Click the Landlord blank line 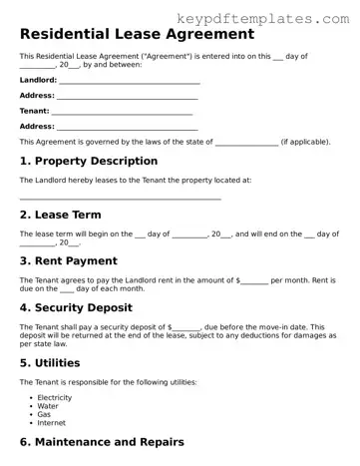[130, 82]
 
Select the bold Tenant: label [35, 111]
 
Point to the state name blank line [246, 144]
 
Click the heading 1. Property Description [89, 161]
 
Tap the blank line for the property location [120, 200]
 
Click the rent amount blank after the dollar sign [255, 282]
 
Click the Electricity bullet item [55, 397]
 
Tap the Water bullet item [48, 406]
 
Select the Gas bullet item [45, 414]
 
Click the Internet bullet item [52, 423]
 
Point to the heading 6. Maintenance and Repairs [102, 441]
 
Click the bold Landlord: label [39, 81]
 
